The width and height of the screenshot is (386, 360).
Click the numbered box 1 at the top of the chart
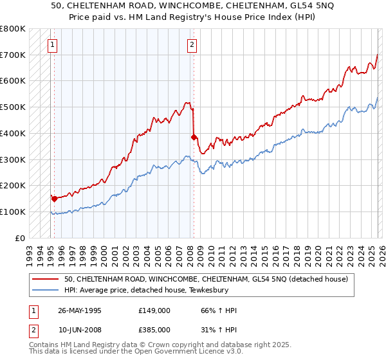[x=52, y=44]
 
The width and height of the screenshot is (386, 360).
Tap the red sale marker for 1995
[x=54, y=199]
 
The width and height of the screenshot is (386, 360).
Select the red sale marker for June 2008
[x=194, y=137]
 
